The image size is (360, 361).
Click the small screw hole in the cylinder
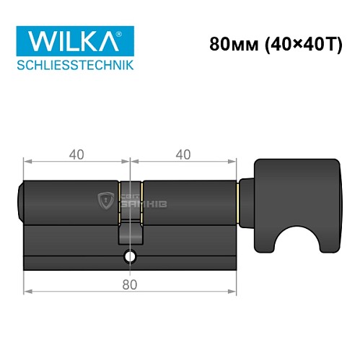coord(130,256)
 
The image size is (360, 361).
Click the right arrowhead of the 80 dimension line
coord(234,292)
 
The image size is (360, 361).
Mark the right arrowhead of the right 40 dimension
coord(234,162)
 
